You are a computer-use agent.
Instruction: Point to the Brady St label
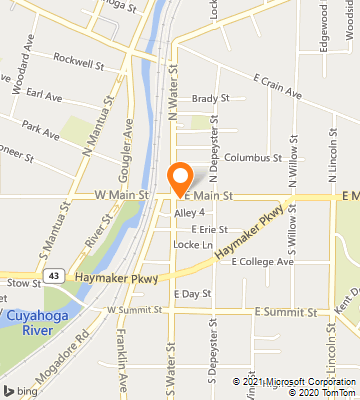210,99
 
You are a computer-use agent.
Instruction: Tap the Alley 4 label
189,213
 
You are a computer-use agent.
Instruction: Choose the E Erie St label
210,229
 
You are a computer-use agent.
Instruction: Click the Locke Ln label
193,245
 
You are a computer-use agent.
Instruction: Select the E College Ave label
262,262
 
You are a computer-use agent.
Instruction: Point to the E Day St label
191,294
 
